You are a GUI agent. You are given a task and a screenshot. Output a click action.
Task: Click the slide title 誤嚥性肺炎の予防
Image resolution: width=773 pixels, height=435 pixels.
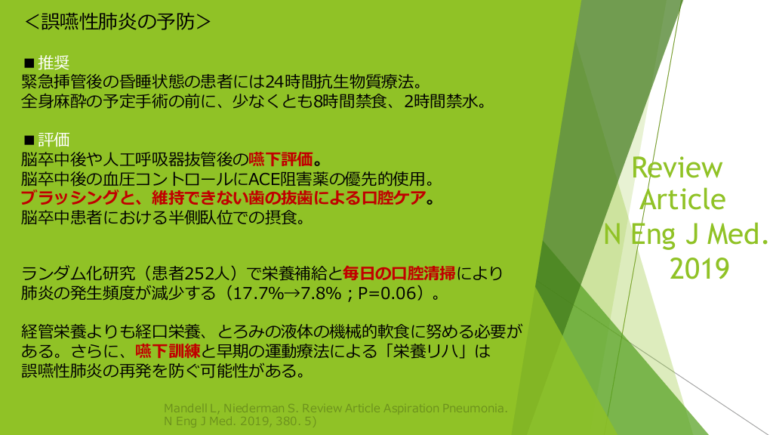point(118,22)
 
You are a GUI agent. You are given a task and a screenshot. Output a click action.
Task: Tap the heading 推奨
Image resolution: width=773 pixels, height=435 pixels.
point(54,63)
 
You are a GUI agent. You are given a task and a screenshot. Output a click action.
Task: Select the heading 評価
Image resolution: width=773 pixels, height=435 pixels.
point(54,140)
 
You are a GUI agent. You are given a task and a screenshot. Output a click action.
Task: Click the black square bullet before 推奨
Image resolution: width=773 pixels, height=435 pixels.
point(29,63)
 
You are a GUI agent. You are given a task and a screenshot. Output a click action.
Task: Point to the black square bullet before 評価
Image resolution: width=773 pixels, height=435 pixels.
point(29,140)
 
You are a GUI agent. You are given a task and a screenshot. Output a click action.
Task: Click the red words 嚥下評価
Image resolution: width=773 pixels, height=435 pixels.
point(281,159)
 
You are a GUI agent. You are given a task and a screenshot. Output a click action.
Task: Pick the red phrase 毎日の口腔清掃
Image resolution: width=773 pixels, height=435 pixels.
point(399,273)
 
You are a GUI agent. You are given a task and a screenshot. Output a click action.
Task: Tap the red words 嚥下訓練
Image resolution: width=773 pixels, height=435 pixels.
point(168,351)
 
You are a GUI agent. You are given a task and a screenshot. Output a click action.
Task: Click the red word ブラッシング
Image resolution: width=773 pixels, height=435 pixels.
point(69,198)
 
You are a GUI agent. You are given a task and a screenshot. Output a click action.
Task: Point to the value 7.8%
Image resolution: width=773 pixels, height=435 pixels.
point(321,294)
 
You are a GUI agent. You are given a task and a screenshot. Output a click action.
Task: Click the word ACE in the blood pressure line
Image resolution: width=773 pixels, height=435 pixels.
point(265,178)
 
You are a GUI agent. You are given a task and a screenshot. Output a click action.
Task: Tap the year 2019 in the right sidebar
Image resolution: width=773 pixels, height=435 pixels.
point(700,269)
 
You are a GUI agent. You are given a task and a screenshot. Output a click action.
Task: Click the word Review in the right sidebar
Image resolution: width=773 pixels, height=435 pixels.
point(677,168)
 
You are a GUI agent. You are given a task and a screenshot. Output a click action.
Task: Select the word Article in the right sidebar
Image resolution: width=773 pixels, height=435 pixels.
point(682,199)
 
